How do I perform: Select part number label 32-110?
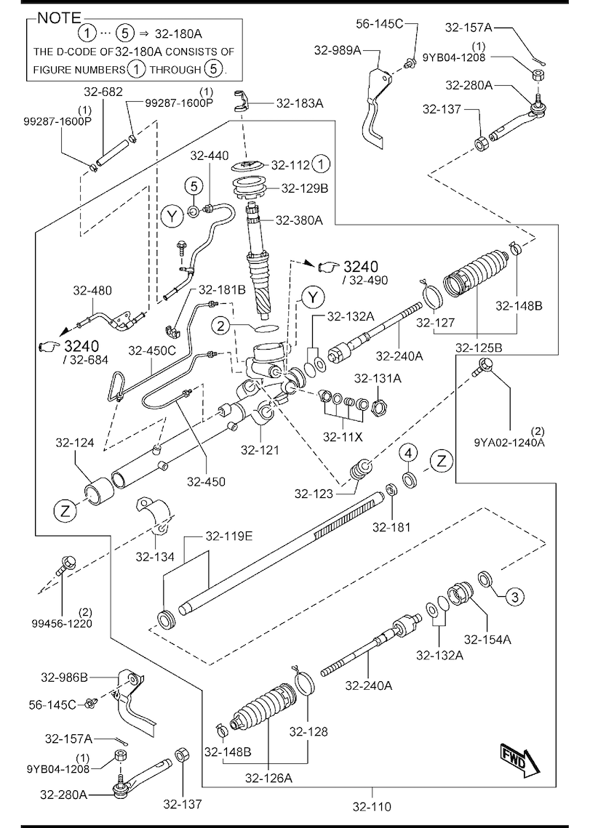(372, 806)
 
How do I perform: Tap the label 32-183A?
(300, 103)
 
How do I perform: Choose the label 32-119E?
(229, 536)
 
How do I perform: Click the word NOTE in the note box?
(59, 18)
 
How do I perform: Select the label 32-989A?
(338, 50)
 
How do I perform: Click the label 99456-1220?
(62, 624)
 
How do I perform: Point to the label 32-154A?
(487, 640)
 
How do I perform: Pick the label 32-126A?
(268, 778)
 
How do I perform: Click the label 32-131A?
(378, 378)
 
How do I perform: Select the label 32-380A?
(299, 220)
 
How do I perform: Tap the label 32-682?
(103, 92)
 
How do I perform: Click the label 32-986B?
(65, 677)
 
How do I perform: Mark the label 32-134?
(155, 557)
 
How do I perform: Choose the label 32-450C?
(152, 350)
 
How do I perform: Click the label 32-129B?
(305, 188)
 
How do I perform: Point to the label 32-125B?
(479, 347)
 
